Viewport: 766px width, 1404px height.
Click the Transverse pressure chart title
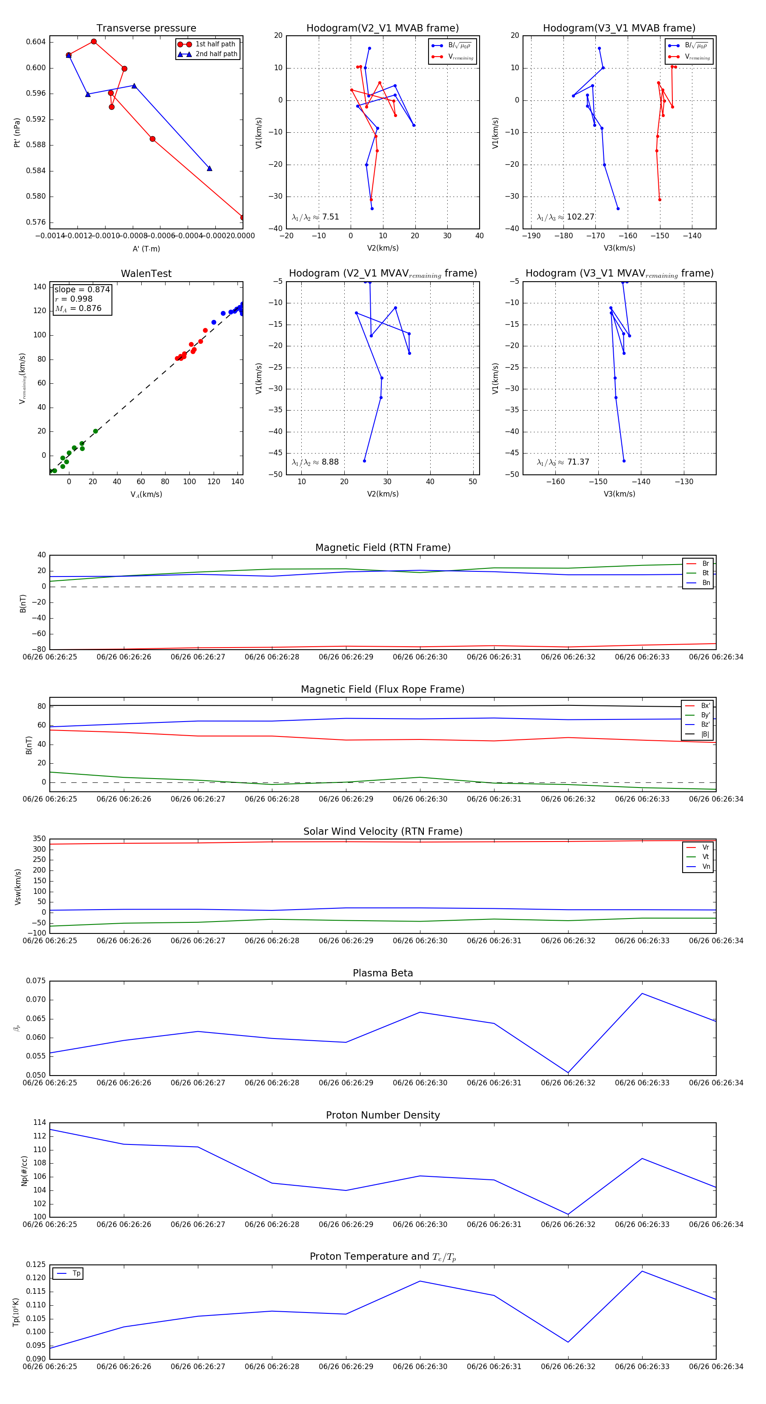coord(146,29)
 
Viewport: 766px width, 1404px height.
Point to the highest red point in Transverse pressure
coord(94,41)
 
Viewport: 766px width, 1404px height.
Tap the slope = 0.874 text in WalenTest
coord(82,289)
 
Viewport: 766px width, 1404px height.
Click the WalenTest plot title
coord(146,274)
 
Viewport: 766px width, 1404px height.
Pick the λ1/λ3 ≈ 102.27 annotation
coord(566,217)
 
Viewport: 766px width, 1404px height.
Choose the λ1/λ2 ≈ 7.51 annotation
coord(315,217)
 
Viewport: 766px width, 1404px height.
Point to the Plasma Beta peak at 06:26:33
coord(642,993)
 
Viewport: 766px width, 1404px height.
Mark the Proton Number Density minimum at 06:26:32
coord(568,1214)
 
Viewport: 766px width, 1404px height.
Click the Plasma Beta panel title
coord(383,973)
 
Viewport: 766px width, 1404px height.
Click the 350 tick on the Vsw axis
coord(39,839)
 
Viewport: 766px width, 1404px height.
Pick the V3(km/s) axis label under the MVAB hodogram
coord(619,248)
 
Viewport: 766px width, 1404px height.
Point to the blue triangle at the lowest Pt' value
coord(209,168)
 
